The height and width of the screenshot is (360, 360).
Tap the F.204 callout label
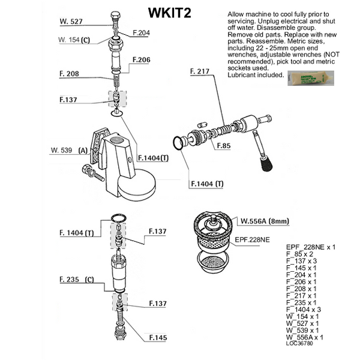pyautogui.click(x=140, y=33)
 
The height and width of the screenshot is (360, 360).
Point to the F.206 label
pyautogui.click(x=142, y=60)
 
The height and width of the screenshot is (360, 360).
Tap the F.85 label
pyautogui.click(x=224, y=146)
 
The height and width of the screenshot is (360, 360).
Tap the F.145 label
pyautogui.click(x=158, y=337)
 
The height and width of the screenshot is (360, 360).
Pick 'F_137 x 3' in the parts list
pyautogui.click(x=305, y=261)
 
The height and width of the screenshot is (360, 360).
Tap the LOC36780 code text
pyautogui.click(x=299, y=343)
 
